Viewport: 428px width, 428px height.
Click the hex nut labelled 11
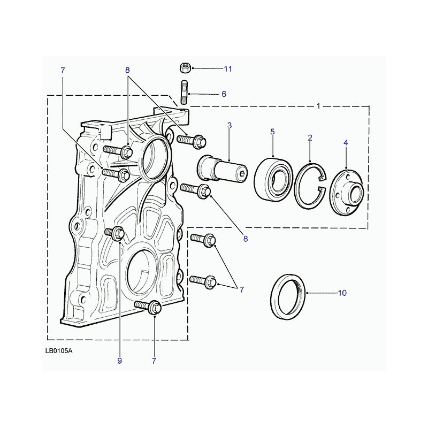(185, 67)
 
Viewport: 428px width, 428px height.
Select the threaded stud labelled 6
(184, 92)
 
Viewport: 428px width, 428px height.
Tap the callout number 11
(228, 69)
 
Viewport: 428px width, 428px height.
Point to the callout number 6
(224, 94)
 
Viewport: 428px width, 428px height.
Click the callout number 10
(342, 293)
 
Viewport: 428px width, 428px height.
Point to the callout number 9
(119, 361)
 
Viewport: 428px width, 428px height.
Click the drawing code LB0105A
(59, 351)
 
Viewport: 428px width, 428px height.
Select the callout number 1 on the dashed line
(318, 106)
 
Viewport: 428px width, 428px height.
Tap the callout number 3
(230, 125)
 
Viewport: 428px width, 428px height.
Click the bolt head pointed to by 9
(118, 233)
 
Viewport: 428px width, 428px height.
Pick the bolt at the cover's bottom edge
(149, 307)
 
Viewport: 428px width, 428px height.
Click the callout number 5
(272, 132)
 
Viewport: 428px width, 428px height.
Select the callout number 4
(346, 143)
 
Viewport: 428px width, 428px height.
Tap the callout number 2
(310, 137)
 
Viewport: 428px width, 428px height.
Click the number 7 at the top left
(63, 71)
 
